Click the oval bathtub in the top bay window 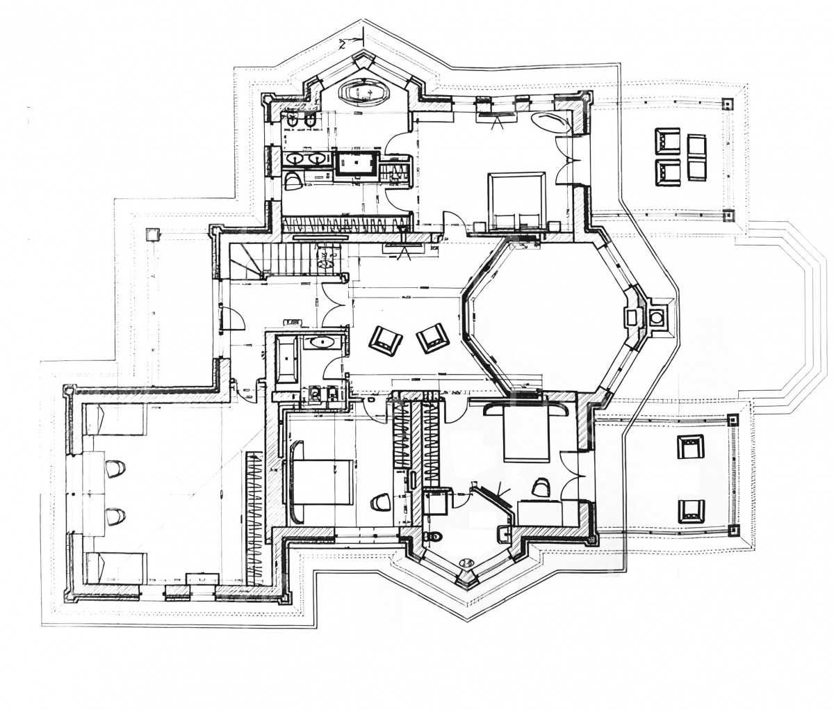coord(363,91)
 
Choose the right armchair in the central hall coord(433,336)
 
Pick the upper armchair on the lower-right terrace coord(690,449)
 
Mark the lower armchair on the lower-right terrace coord(690,511)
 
